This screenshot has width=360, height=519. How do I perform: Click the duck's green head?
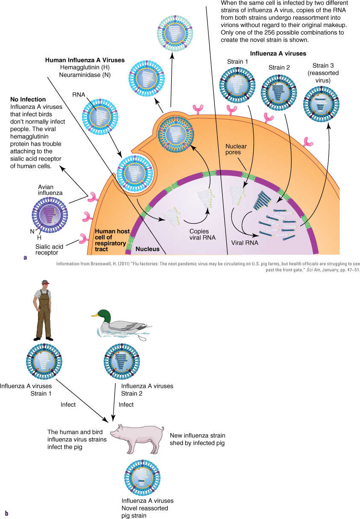click(x=102, y=317)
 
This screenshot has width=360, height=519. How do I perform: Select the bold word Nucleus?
click(x=147, y=249)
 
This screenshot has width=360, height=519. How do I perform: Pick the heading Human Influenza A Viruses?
click(x=85, y=60)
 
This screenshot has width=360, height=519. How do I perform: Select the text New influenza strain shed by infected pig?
click(x=197, y=439)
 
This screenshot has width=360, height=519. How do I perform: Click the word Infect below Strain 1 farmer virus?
click(x=68, y=405)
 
